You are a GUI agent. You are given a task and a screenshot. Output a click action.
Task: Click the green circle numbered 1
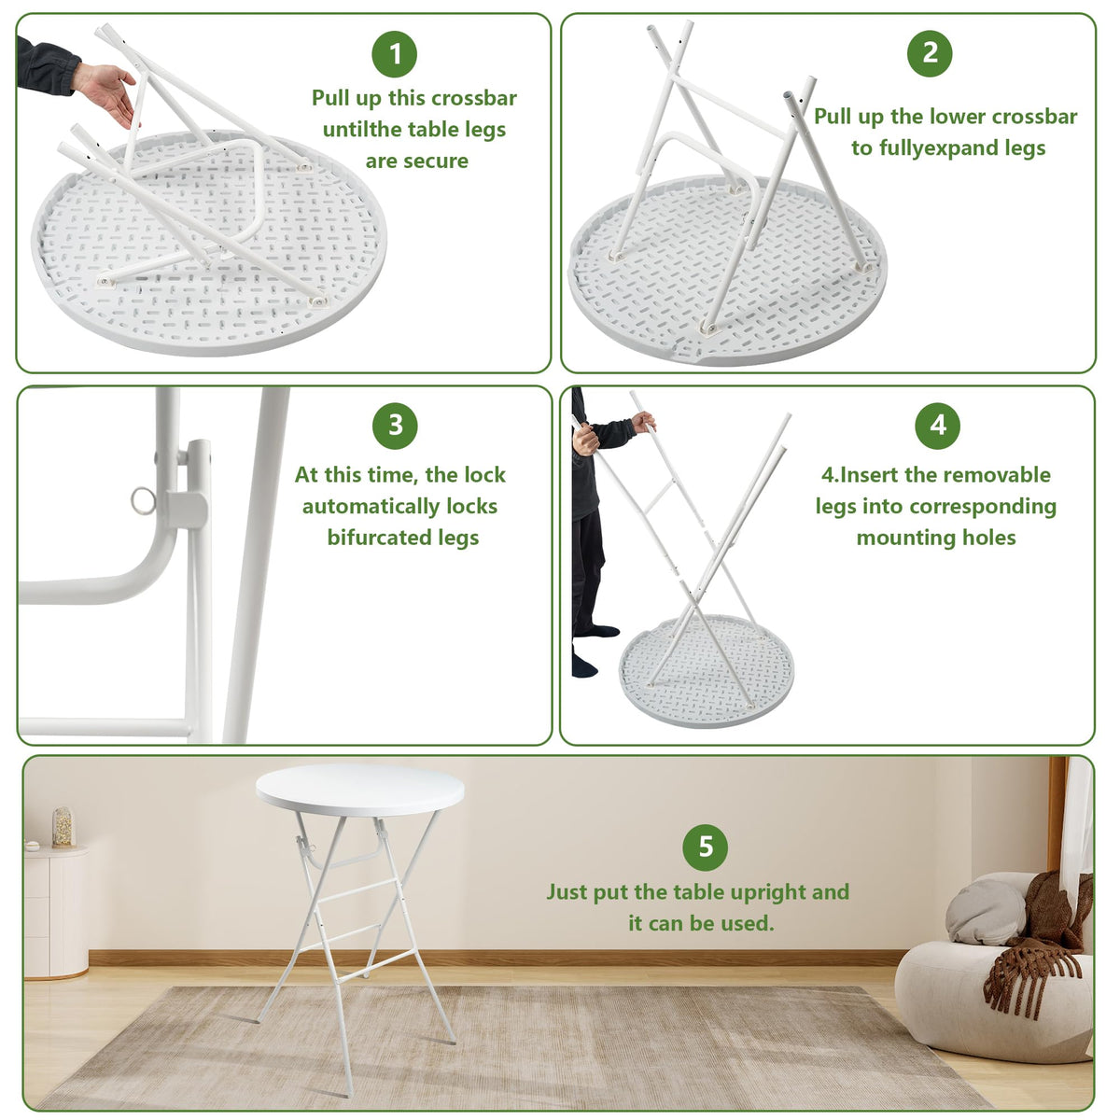tap(394, 54)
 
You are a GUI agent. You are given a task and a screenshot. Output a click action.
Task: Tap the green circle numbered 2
tap(929, 53)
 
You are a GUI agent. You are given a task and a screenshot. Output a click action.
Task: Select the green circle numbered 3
tap(395, 425)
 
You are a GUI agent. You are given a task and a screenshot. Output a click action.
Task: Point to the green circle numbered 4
tap(937, 426)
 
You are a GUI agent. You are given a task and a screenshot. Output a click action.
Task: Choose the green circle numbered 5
tap(705, 847)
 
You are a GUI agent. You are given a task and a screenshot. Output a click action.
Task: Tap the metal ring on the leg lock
tap(143, 500)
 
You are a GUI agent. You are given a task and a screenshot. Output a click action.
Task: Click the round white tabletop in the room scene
tap(359, 791)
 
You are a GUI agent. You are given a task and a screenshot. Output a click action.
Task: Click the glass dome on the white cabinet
tap(63, 827)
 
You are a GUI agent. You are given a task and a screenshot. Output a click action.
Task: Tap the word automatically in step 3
tap(399, 506)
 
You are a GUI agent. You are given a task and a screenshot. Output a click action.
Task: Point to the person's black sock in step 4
tap(584, 664)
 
